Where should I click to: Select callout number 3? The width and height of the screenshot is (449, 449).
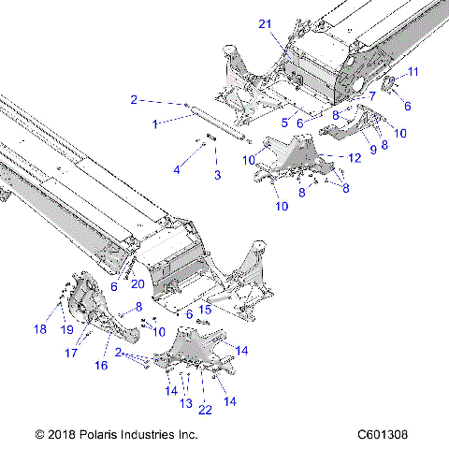click(x=217, y=175)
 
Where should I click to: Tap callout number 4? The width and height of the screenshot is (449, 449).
click(x=176, y=169)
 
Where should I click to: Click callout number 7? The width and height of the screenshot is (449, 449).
click(x=372, y=95)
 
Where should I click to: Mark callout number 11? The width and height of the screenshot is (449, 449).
click(x=413, y=72)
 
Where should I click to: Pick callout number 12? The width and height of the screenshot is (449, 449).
click(x=355, y=160)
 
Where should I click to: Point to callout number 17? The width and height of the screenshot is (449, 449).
click(x=70, y=354)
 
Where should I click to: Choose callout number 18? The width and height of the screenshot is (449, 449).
click(x=40, y=328)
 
